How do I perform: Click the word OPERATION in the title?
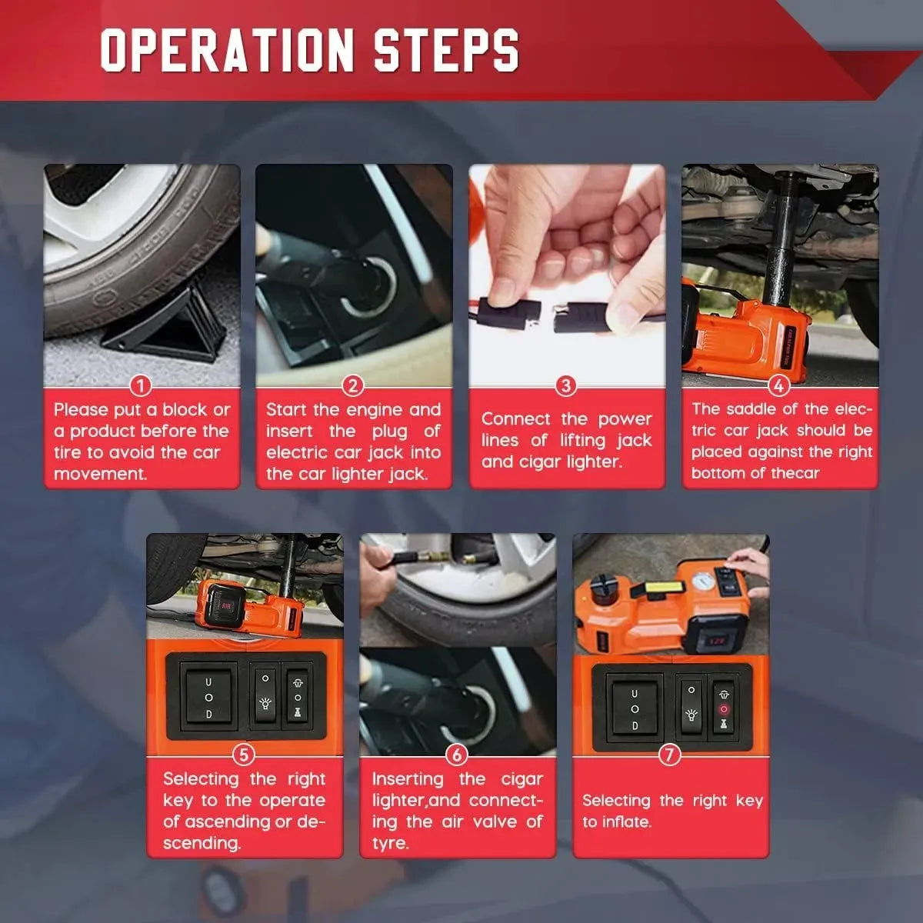(227, 50)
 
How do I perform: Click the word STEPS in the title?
(446, 50)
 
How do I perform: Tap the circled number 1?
(140, 386)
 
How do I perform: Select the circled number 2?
(353, 386)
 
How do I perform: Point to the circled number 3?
(565, 386)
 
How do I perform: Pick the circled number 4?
(779, 386)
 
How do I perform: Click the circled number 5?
(243, 755)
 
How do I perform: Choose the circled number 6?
(456, 755)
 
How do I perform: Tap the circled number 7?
(670, 755)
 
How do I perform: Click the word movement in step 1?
(100, 475)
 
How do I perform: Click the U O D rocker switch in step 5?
(208, 697)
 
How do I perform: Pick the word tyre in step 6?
(391, 844)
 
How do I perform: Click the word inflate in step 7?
(627, 822)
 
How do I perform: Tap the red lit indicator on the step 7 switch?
(723, 709)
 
